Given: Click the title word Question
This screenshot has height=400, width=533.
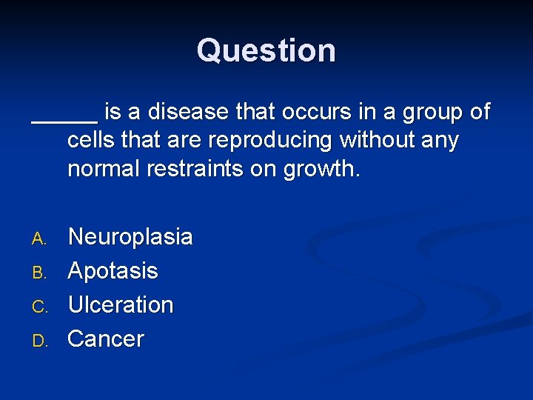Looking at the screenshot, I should coord(266,50).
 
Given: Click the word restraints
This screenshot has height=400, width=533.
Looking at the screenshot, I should coord(200,168).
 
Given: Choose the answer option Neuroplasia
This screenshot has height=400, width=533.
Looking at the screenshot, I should coord(130,237).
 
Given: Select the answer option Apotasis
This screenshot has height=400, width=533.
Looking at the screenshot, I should coord(113,271).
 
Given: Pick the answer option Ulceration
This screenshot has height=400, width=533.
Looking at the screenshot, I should coord(121,304).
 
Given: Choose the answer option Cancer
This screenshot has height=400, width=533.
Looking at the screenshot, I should coord(106,339).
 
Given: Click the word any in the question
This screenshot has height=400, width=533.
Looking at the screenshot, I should coord(439,141).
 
